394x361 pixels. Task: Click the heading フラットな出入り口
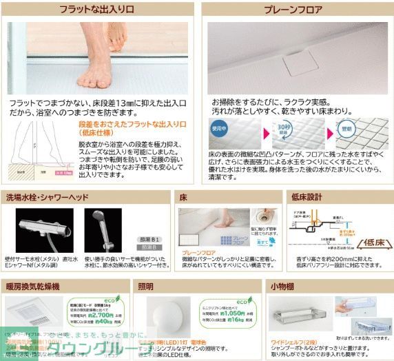tap(96, 11)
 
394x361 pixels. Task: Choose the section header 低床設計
tap(307, 196)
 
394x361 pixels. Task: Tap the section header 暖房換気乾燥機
tap(33, 285)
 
